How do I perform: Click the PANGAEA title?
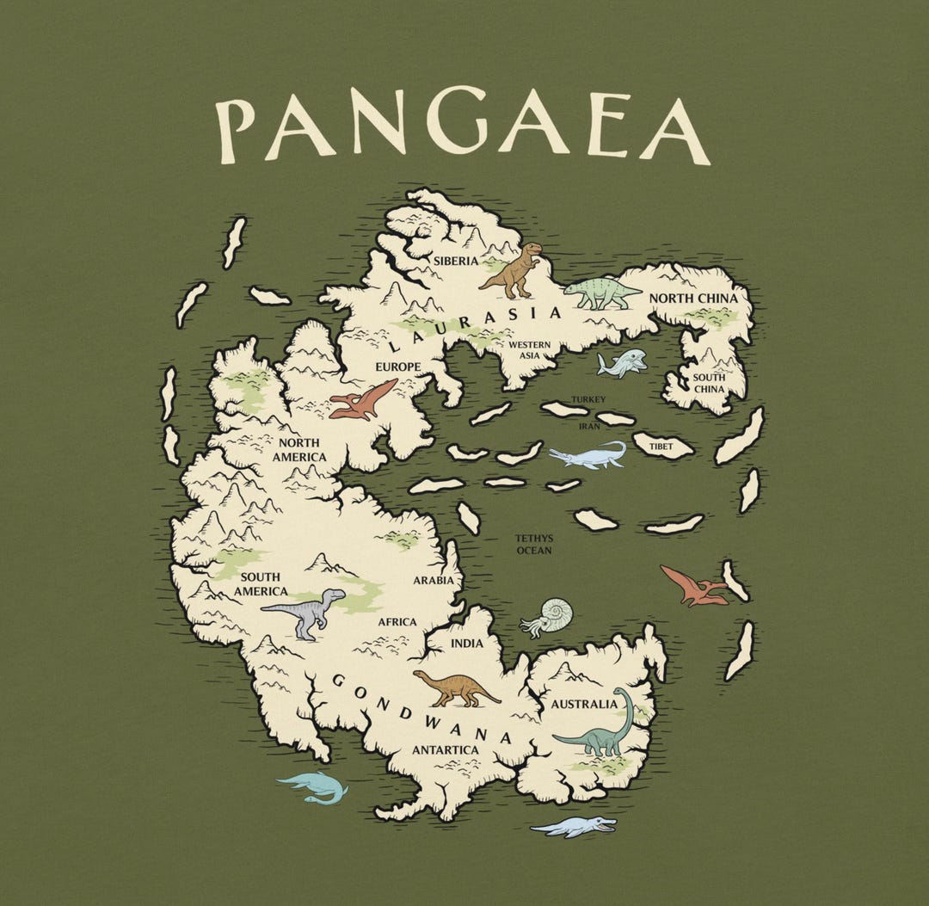[463, 130]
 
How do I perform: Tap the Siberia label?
[455, 261]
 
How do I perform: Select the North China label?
[693, 299]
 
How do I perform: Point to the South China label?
[710, 383]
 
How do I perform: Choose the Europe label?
[397, 367]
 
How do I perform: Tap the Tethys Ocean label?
[533, 544]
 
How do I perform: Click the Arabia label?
[433, 581]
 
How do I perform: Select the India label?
[467, 644]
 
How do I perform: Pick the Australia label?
[584, 705]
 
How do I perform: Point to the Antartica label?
[446, 750]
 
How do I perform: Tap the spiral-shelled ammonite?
[547, 617]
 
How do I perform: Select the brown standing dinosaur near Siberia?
[514, 268]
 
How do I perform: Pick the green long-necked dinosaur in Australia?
[600, 727]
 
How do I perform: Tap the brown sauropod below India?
[455, 687]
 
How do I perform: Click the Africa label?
[397, 622]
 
